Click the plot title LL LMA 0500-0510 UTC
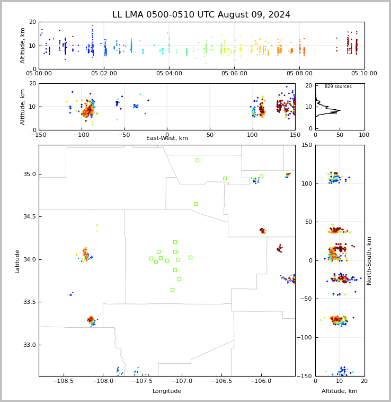(164, 15)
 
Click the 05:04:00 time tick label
(169, 73)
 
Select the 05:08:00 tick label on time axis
(299, 73)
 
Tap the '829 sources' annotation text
(338, 86)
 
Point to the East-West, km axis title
(167, 138)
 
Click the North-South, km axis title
(369, 260)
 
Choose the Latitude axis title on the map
(17, 261)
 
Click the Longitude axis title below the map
(167, 391)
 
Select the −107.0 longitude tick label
(182, 381)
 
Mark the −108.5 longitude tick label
(64, 381)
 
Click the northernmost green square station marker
(197, 161)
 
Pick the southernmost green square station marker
(172, 290)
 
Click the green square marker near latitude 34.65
(196, 204)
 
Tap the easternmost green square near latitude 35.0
(261, 177)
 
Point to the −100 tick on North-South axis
(304, 337)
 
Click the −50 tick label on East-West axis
(124, 135)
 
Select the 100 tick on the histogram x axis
(364, 135)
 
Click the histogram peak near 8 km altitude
(340, 110)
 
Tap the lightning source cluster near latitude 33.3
(91, 320)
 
